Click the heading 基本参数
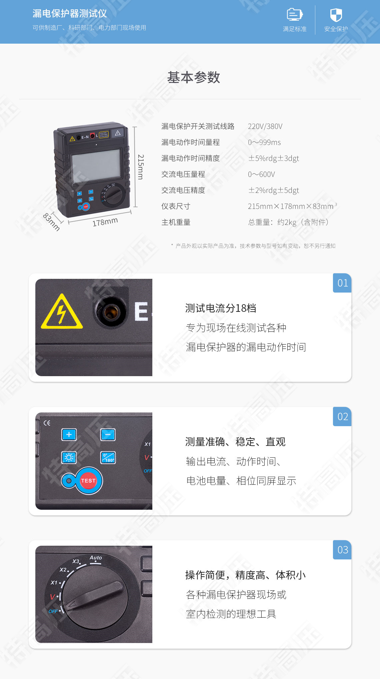point(193,77)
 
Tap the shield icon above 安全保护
point(336,15)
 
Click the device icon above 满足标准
point(295,14)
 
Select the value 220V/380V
point(265,126)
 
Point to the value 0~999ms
point(264,142)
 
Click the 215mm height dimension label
point(141,167)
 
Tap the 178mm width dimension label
point(105,222)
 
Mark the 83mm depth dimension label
point(52,222)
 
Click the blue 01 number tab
point(342,283)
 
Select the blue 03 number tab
point(342,550)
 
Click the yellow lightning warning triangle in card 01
point(62,313)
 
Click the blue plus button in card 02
point(69,434)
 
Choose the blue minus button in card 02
point(108,434)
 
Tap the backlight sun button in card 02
point(69,457)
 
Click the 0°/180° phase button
point(108,457)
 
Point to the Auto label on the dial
point(96,558)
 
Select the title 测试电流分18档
point(221,308)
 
